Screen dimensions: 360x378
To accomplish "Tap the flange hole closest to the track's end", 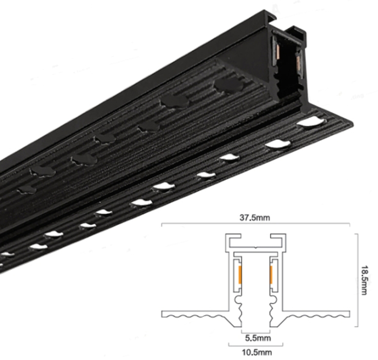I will (308, 123).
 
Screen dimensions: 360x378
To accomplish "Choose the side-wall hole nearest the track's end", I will (227, 85).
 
